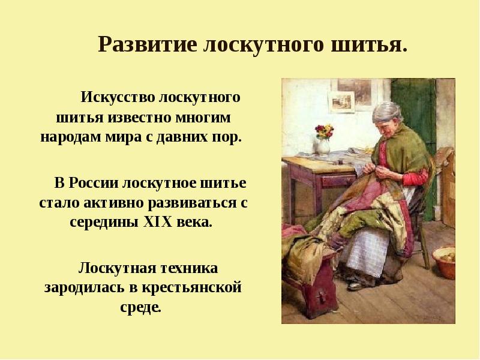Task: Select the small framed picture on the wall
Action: tap(343, 103)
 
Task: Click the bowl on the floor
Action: tap(445, 262)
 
